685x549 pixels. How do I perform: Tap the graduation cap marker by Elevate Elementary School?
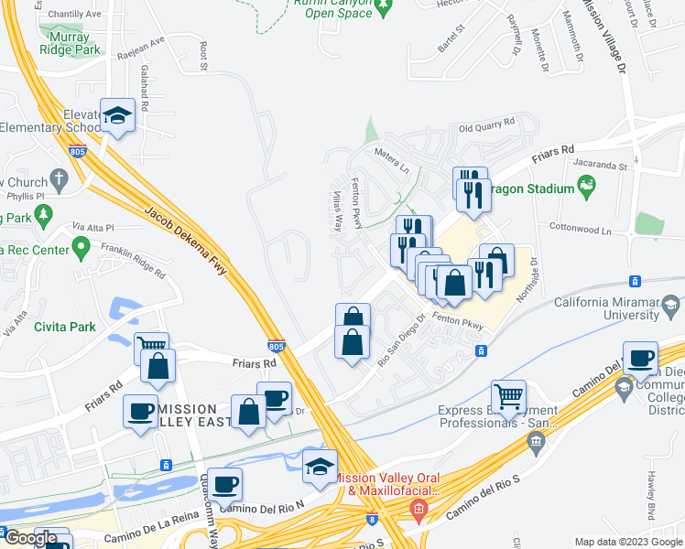(117, 115)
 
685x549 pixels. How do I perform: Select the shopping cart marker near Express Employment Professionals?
(508, 396)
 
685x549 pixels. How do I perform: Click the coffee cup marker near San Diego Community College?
(639, 358)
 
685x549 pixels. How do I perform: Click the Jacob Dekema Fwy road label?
(186, 241)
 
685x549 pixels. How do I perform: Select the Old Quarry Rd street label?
(485, 128)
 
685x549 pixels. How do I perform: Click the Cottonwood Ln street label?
(579, 226)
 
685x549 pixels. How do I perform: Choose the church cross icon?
(60, 178)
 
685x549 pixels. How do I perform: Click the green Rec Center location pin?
(82, 246)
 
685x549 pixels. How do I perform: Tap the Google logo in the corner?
(31, 538)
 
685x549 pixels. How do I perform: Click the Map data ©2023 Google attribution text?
(627, 542)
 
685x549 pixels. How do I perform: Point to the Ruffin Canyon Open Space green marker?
(384, 8)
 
